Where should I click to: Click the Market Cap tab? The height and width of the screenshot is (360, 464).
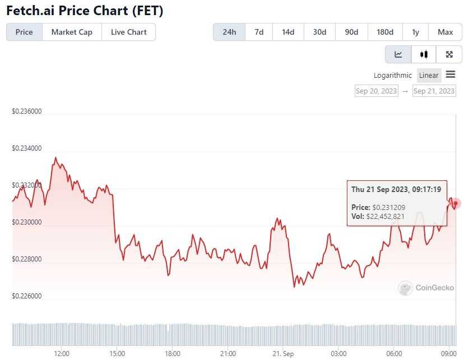(x=72, y=32)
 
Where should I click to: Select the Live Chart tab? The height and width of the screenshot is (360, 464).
(x=128, y=32)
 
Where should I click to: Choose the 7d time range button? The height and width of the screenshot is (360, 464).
(x=259, y=32)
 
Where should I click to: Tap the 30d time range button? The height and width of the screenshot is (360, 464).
(x=319, y=32)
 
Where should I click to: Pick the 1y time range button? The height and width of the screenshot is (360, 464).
(x=415, y=32)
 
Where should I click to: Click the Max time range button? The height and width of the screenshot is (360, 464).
(x=446, y=32)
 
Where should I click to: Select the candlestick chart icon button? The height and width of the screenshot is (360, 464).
(x=424, y=54)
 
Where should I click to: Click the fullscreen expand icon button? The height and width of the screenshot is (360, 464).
(x=449, y=54)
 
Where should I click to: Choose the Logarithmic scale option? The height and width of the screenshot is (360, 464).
(x=393, y=75)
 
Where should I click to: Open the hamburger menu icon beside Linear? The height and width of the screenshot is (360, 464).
(x=451, y=74)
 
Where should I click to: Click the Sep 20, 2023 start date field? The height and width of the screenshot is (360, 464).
(x=376, y=91)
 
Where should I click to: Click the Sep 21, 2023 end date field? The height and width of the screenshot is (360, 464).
(x=434, y=91)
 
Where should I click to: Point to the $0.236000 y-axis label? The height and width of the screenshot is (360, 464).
(x=27, y=111)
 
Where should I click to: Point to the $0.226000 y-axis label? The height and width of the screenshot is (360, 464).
(x=27, y=296)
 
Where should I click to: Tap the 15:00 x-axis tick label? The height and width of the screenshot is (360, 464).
(x=117, y=353)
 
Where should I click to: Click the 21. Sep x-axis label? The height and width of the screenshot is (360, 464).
(x=283, y=353)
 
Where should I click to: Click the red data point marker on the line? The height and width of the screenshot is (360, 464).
(x=456, y=204)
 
